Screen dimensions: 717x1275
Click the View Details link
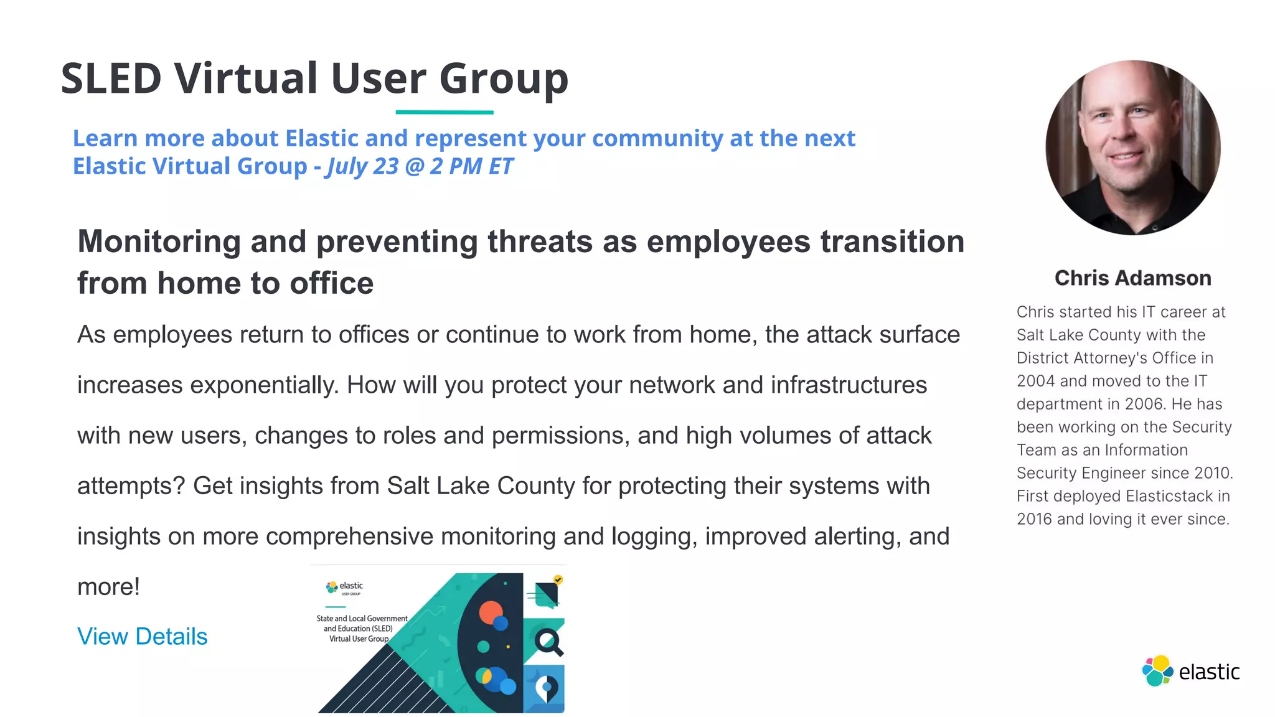tap(142, 637)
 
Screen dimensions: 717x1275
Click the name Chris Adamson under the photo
tap(1132, 278)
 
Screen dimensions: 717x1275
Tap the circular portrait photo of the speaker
tap(1132, 148)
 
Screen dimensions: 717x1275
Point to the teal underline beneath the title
tap(445, 113)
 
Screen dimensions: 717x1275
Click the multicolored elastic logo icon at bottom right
tap(1157, 671)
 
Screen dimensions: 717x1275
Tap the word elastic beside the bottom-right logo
tap(1209, 672)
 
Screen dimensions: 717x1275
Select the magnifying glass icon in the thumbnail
tap(548, 642)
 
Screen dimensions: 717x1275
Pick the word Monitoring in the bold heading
tap(159, 241)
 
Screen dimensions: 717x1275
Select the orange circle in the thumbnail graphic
tap(491, 612)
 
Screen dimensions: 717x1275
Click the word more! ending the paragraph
tap(108, 587)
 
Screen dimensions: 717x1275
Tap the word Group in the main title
tap(504, 79)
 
